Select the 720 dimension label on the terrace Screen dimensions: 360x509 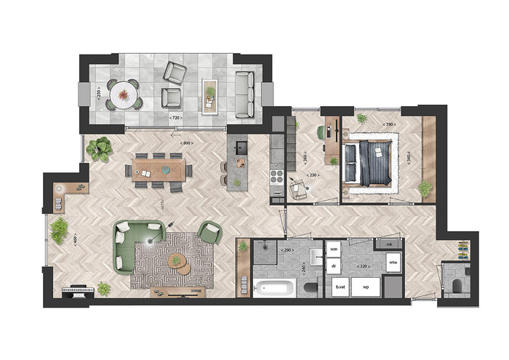[x=175, y=117]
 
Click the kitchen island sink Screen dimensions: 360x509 [x=240, y=149]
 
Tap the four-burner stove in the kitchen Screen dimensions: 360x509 [x=276, y=176]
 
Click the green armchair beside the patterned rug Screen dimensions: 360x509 [x=209, y=232]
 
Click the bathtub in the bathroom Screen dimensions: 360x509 [x=273, y=287]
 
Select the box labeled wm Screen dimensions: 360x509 [x=335, y=249]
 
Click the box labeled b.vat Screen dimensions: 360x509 [x=340, y=287]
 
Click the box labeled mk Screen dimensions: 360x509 [x=390, y=244]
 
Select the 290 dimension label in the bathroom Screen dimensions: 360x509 [x=286, y=250]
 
